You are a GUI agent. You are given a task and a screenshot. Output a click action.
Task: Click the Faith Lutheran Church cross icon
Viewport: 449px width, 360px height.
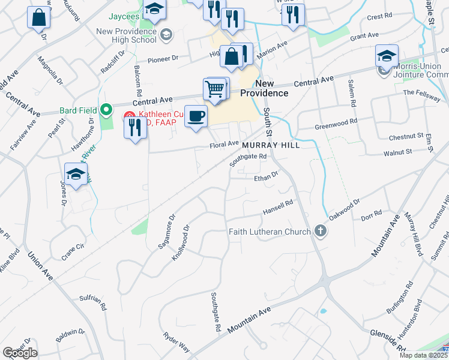point(321,232)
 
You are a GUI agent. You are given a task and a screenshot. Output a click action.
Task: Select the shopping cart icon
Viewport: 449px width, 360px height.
point(215,89)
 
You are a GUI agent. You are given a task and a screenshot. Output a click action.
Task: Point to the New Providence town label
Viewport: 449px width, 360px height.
point(264,88)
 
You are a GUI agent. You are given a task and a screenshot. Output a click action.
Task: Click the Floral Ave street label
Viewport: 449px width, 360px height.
point(224,145)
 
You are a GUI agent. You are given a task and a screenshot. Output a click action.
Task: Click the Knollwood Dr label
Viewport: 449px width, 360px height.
point(180,240)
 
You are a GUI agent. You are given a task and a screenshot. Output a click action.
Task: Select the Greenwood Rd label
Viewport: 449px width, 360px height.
point(336,124)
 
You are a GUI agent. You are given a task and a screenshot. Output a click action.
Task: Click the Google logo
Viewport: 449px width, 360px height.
point(20,353)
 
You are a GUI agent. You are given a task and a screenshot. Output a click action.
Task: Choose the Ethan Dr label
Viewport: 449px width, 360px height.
point(267,177)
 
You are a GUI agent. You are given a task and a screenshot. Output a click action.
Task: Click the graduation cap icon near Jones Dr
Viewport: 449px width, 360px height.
point(76,176)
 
